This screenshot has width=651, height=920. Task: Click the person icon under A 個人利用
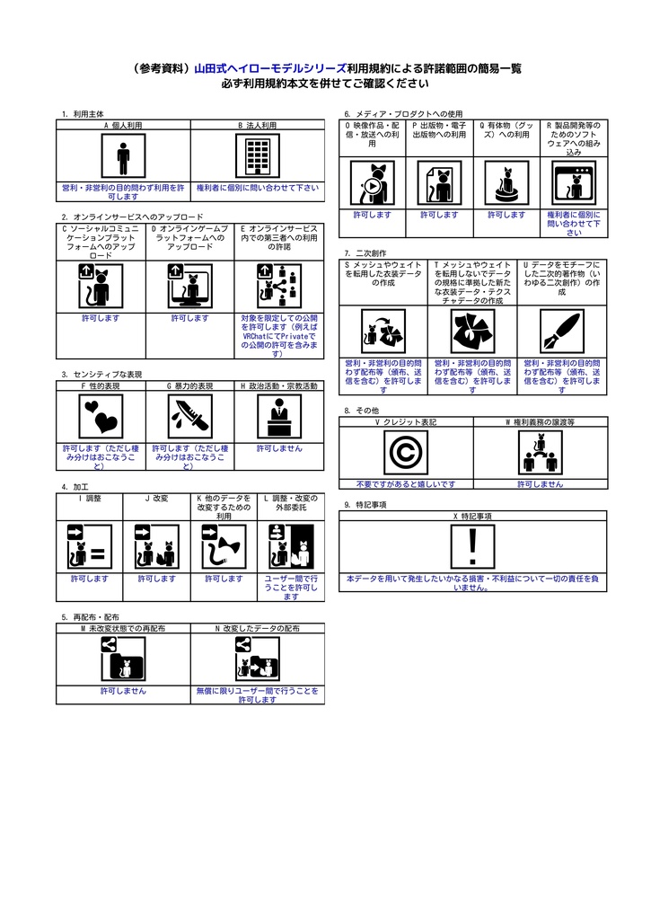(124, 158)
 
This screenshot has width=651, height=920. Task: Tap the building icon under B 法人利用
(258, 158)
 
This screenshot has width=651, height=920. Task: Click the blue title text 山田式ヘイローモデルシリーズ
(270, 68)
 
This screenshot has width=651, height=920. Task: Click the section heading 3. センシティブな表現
(101, 374)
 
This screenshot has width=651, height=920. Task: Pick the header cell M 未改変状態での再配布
(123, 629)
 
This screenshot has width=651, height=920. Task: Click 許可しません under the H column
(279, 447)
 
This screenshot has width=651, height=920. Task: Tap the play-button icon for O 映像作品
(372, 184)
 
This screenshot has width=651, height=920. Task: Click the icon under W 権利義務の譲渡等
(540, 453)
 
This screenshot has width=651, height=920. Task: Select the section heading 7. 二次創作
(365, 253)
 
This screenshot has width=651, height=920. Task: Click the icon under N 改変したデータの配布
(257, 661)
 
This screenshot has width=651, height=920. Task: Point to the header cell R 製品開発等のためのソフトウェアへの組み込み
(574, 137)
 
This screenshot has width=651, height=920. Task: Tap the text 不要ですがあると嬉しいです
(405, 484)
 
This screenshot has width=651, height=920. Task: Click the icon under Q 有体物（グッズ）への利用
(506, 184)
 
